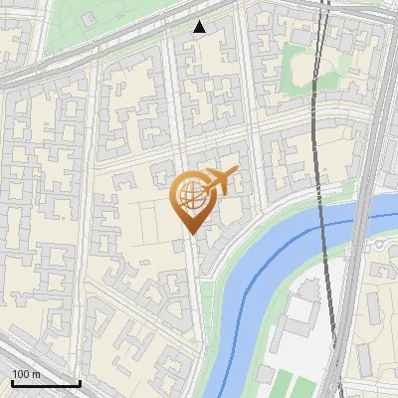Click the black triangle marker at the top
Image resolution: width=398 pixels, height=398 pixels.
(200, 27)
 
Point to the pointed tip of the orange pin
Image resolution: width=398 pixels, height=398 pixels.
(189, 234)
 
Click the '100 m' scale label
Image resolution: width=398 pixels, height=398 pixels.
(27, 374)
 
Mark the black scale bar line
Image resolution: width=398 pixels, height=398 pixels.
(46, 383)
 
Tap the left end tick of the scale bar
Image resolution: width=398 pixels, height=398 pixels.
(12, 381)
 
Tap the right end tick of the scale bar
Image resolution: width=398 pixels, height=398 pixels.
(80, 381)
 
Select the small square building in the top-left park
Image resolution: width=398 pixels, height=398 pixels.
(89, 19)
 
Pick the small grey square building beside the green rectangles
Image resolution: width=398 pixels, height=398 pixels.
(265, 374)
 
